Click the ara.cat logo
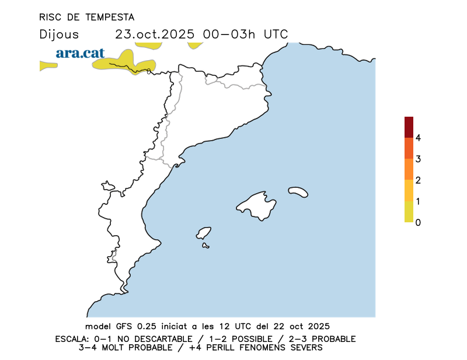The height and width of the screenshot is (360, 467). coord(80,53)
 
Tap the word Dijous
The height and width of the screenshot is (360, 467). coord(59,34)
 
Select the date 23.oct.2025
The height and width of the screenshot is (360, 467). coord(155,34)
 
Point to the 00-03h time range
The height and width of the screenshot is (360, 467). coord(230,34)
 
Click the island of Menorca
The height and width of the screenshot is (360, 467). coord(298,192)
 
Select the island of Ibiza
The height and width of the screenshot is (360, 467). coord(204,233)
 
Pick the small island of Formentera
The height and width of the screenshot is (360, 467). coord(205,246)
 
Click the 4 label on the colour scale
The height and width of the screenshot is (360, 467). coord(419,138)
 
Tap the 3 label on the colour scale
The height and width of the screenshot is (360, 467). coord(419,159)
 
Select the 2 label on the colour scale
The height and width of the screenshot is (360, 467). coord(419,180)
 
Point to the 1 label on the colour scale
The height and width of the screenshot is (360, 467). coord(419,201)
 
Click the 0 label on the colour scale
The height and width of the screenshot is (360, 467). coord(419,222)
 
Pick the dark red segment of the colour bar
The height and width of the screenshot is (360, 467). coord(409,127)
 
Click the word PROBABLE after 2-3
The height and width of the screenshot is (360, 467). coord(332,339)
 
